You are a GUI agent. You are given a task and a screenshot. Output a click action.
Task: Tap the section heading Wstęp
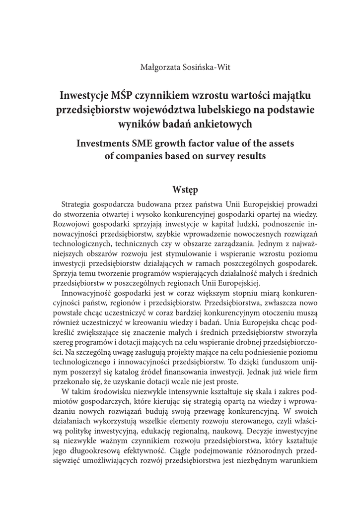coord(185,190)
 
